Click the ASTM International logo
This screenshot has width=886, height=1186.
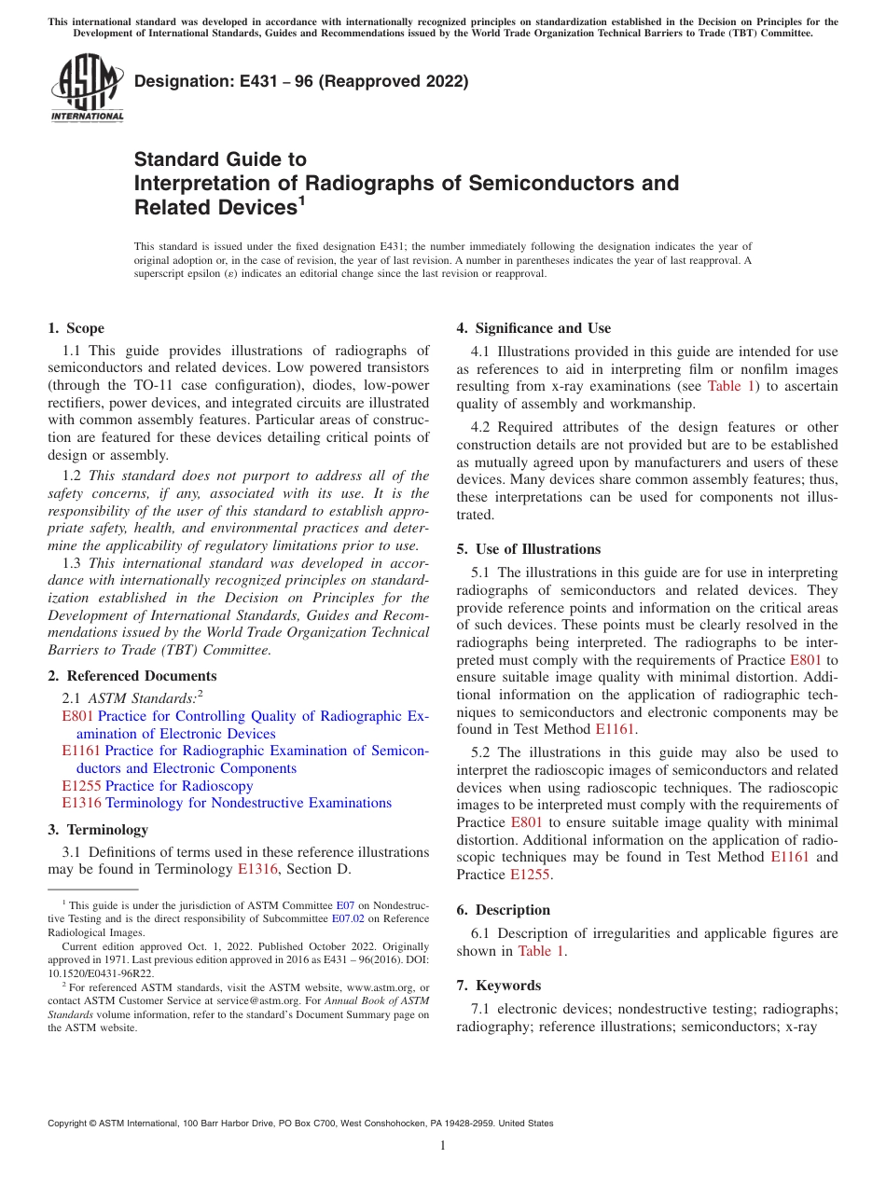86,90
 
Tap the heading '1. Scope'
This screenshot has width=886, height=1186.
76,328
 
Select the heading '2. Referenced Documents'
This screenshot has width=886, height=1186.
132,676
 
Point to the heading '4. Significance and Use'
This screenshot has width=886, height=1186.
533,328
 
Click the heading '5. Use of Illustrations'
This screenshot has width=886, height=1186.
528,549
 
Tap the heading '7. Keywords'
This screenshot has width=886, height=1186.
498,986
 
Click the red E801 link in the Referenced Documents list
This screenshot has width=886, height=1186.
77,716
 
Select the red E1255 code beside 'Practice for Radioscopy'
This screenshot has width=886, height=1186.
81,786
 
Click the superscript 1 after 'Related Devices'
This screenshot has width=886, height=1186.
301,200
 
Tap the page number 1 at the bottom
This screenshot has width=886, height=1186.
443,1146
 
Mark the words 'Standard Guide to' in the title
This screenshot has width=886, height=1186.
220,159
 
